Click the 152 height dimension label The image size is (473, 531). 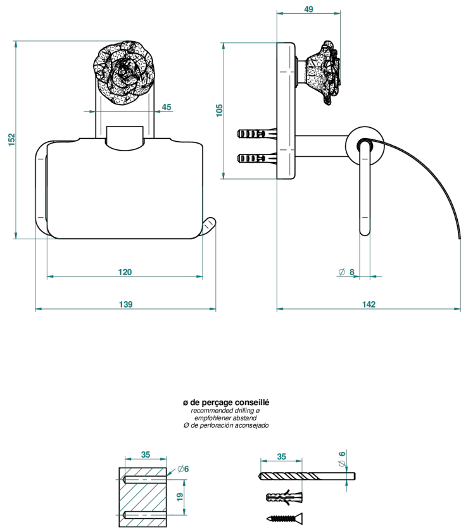tap(11, 139)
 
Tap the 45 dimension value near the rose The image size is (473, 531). tap(167, 107)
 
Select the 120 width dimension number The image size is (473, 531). tap(125, 272)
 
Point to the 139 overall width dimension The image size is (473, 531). tap(125, 304)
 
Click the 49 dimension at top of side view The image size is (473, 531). tap(308, 9)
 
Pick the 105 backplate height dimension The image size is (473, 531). tap(219, 110)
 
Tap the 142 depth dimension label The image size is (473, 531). tap(369, 304)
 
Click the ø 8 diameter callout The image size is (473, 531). tap(346, 272)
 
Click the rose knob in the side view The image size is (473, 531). tap(323, 73)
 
